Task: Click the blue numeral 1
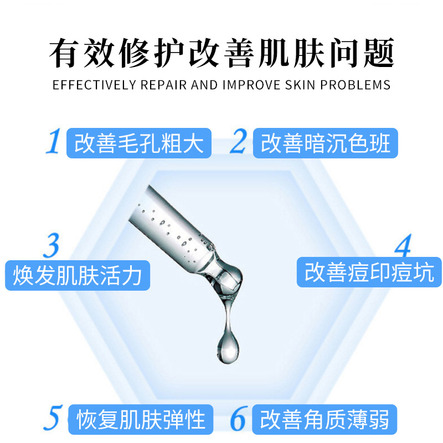pos(54,141)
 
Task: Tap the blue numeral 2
pos(239,141)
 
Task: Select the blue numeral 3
pos(51,245)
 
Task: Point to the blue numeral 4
pos(403,245)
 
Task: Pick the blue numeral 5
pos(53,418)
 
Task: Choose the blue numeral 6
pos(239,418)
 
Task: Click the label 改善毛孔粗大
pos(139,143)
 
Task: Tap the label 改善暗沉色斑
pos(326,143)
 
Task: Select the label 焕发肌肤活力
pos(78,275)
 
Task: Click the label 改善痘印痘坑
pos(369,272)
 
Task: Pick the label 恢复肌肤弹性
pos(141,420)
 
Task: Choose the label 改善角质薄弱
pos(324,420)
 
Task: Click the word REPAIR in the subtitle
pos(163,85)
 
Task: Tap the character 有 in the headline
pos(64,53)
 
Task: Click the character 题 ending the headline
pos(379,53)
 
